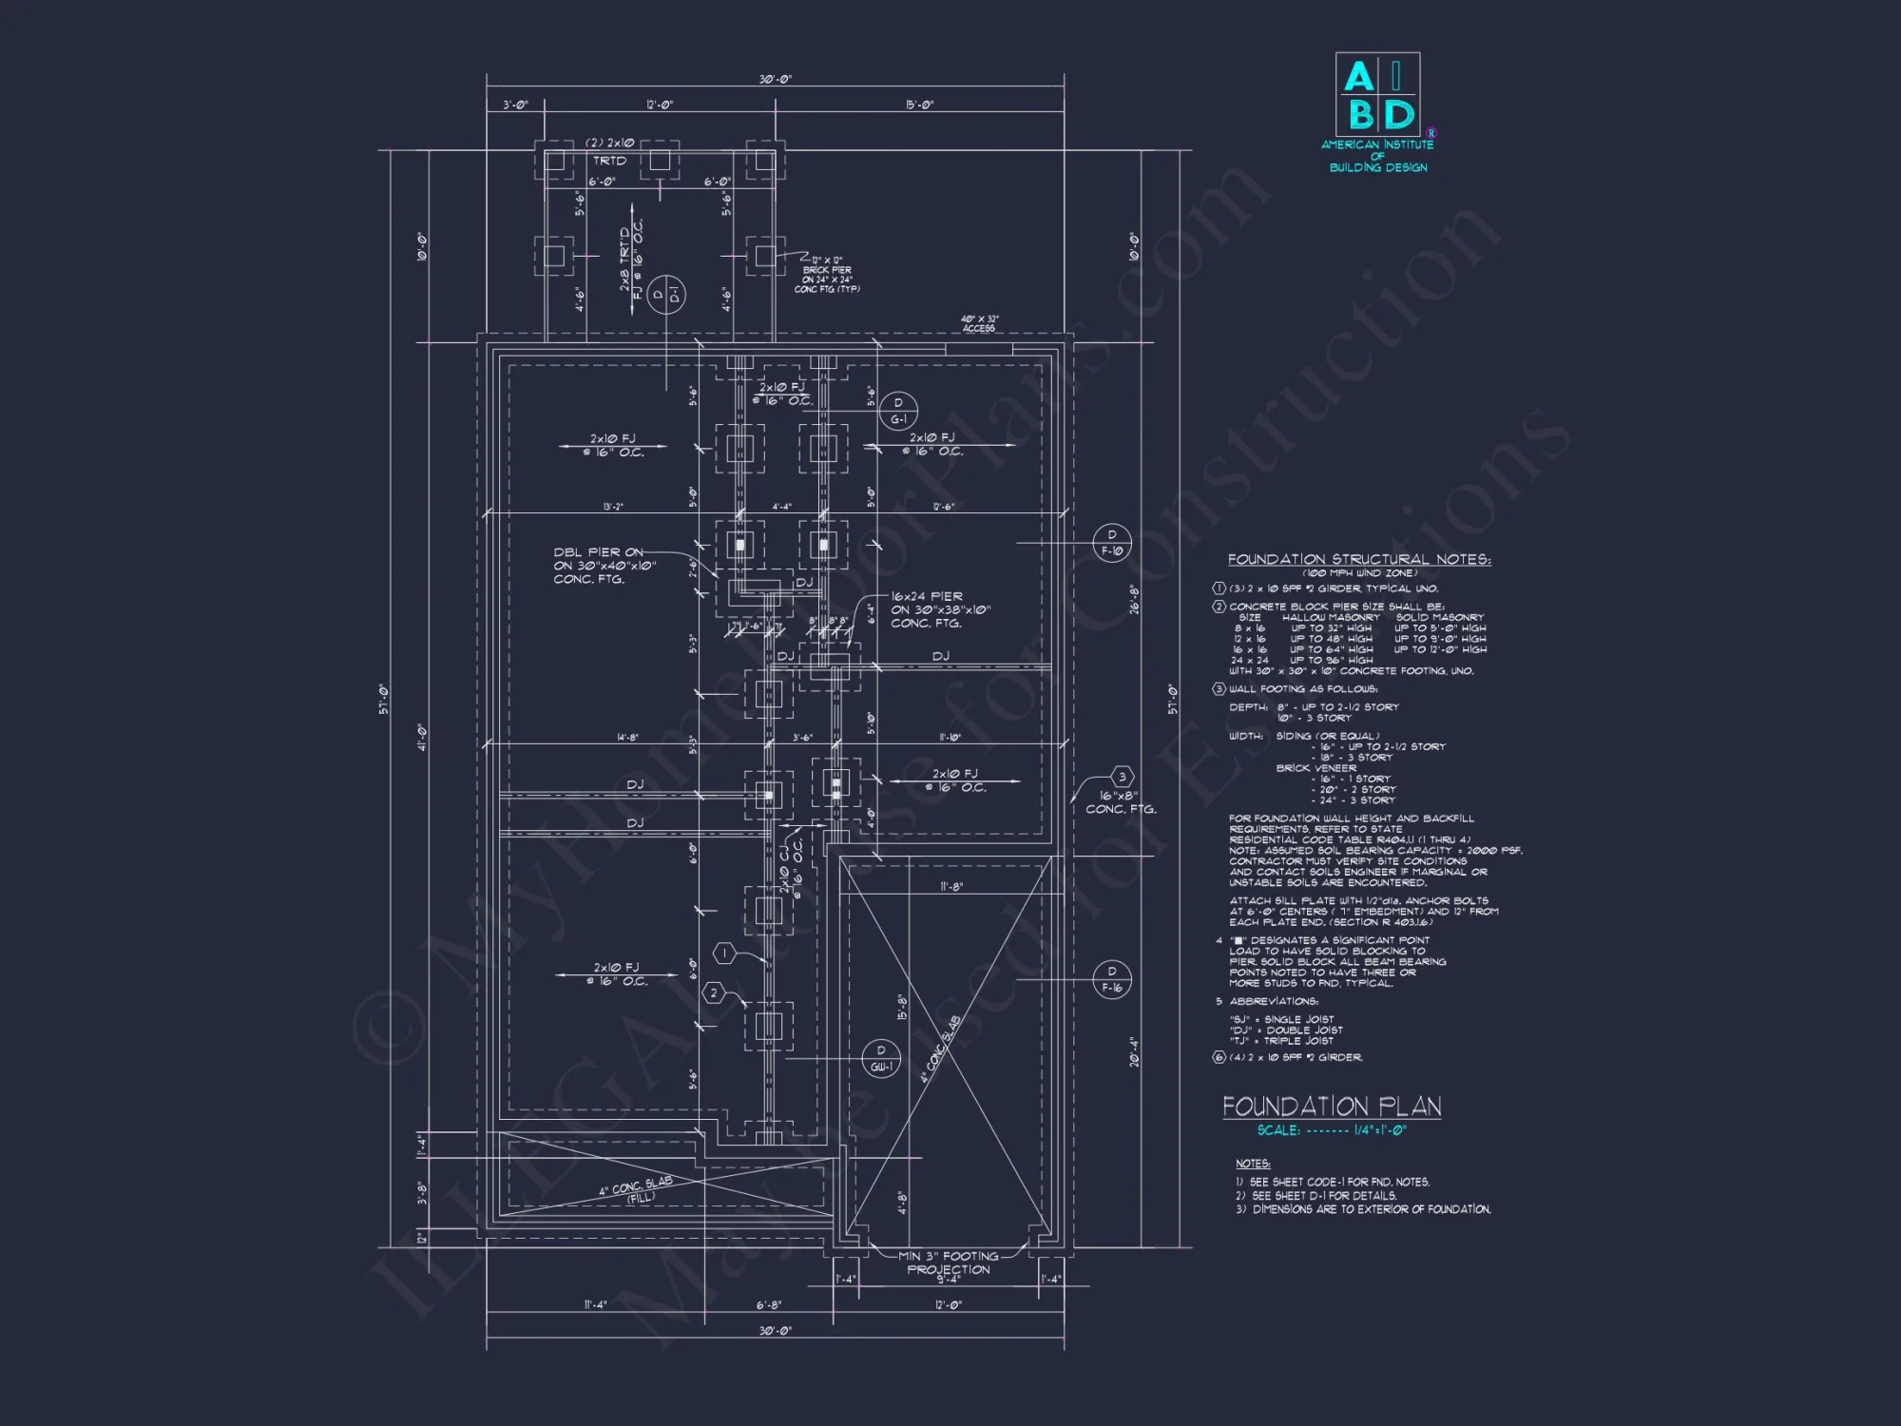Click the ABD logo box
point(1377,94)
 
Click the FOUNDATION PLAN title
point(1332,1107)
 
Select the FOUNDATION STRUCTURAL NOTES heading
point(1359,559)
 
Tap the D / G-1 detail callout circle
point(898,411)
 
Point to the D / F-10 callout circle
point(1112,542)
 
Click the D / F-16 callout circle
point(1112,979)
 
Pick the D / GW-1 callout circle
point(881,1058)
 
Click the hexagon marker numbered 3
point(1122,777)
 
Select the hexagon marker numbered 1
point(725,953)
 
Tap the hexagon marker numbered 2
point(715,993)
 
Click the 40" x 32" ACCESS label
point(979,324)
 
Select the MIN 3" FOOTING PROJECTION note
point(948,1262)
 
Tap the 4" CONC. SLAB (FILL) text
point(637,1190)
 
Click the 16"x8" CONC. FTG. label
point(1121,802)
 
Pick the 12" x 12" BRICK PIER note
point(827,274)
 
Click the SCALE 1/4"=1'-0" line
point(1332,1130)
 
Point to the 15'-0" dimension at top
point(919,105)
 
